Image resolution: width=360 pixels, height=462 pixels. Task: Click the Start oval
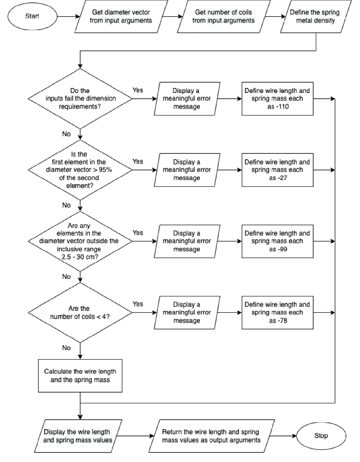point(32,16)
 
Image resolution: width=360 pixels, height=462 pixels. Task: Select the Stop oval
point(321,436)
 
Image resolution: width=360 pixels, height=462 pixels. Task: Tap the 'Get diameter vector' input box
point(121,16)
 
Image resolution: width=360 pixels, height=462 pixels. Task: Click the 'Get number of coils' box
point(224,16)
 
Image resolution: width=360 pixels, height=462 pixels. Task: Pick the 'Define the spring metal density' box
point(316,16)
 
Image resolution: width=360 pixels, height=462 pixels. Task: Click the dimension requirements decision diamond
point(80,99)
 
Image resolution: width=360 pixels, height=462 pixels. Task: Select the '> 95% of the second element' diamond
point(80,170)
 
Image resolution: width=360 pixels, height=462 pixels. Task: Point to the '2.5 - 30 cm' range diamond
point(80,241)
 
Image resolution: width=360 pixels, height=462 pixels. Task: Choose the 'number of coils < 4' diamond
point(80,313)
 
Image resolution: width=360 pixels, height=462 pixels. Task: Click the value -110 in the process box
point(281,106)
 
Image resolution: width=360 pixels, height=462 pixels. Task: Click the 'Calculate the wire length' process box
point(80,376)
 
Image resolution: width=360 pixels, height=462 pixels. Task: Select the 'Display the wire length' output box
point(78,436)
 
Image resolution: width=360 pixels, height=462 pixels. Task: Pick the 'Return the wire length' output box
point(212,436)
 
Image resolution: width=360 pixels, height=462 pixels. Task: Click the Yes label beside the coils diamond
point(138,304)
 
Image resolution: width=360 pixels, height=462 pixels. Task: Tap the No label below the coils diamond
point(66,348)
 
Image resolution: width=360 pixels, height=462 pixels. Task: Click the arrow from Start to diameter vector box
point(69,17)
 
